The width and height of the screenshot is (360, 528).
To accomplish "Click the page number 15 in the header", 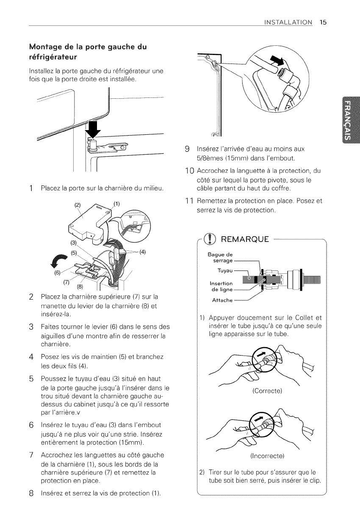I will [x=323, y=22].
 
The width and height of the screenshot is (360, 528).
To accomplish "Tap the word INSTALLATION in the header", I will [x=287, y=22].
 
